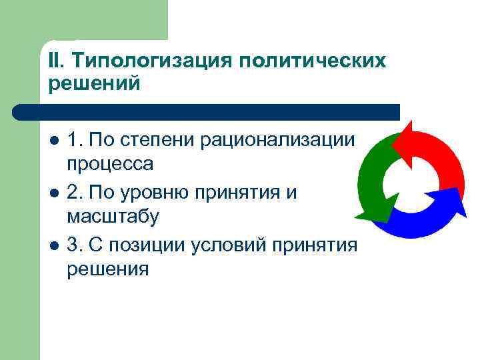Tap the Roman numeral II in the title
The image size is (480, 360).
pyautogui.click(x=56, y=61)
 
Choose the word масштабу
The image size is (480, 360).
pyautogui.click(x=113, y=217)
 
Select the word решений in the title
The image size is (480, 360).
pyautogui.click(x=94, y=84)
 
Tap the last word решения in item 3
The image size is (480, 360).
pyautogui.click(x=108, y=269)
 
